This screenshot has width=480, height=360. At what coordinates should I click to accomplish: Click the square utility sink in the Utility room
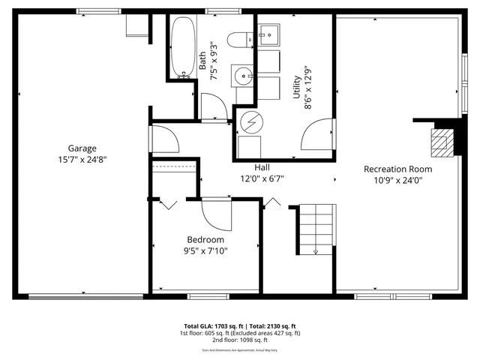tap(269, 34)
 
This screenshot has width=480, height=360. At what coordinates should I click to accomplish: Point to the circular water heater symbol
tap(250, 121)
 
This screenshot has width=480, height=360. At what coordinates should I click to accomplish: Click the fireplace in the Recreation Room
tap(441, 140)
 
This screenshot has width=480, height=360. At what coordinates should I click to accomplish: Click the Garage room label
tap(82, 148)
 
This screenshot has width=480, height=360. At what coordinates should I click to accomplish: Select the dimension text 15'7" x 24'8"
tap(82, 159)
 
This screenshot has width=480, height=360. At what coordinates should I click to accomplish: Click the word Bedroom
tap(205, 240)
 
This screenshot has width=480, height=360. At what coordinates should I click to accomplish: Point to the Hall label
tap(262, 168)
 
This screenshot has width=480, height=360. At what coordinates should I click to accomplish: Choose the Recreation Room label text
tap(397, 169)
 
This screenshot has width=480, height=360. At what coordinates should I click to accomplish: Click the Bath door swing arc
tap(214, 106)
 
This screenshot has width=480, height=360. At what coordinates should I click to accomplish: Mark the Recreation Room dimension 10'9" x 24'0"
tap(397, 180)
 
